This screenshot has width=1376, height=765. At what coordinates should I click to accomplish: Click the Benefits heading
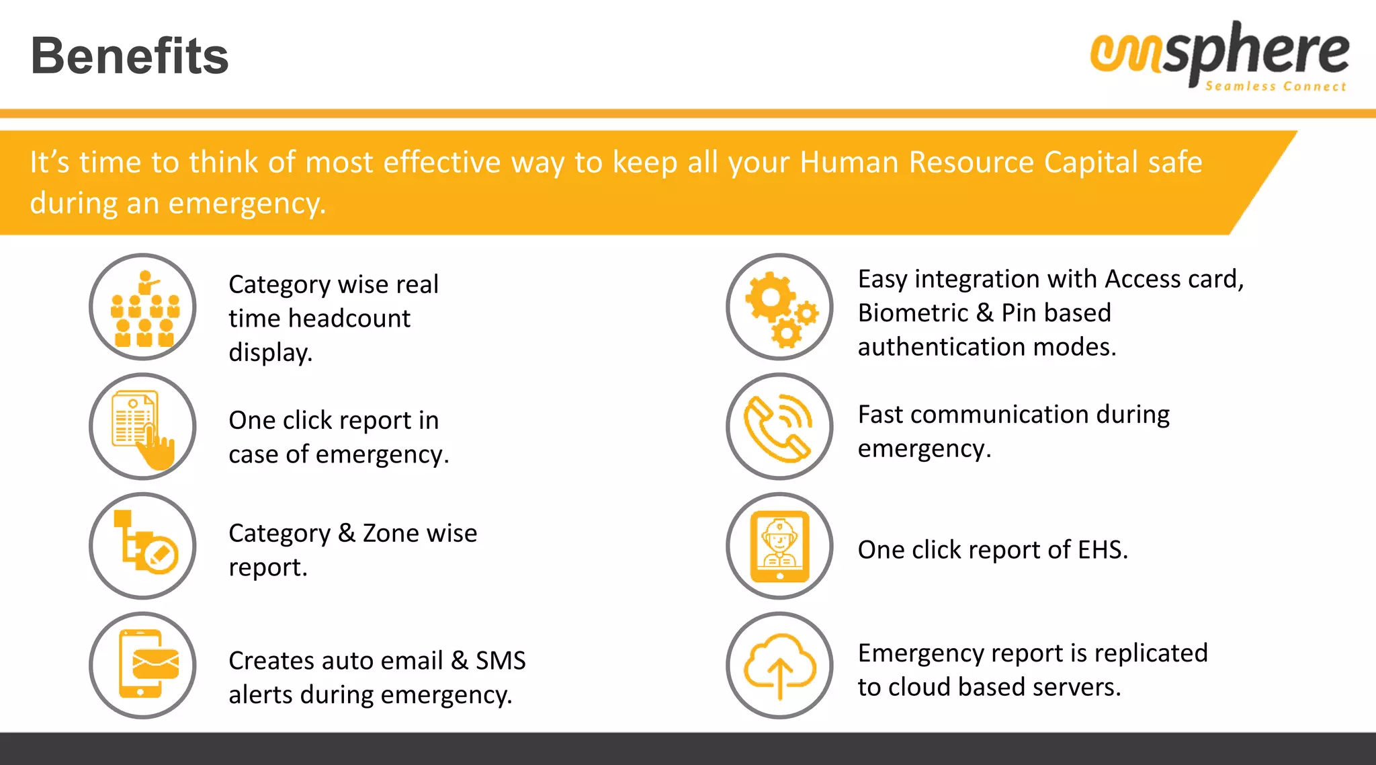(x=130, y=56)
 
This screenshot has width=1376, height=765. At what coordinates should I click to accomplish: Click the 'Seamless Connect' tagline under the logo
(x=1275, y=87)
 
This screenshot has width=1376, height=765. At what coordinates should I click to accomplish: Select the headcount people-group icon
(x=143, y=307)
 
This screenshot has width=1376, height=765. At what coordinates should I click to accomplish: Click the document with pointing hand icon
(x=143, y=427)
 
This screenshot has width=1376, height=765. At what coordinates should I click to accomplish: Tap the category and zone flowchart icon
(x=143, y=546)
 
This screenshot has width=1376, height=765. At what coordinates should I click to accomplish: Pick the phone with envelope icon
(x=143, y=665)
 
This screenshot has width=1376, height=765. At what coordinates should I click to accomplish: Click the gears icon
(x=779, y=307)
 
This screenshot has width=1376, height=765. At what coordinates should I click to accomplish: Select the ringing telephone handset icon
(x=779, y=427)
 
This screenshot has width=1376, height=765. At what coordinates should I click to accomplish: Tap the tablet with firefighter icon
(x=779, y=546)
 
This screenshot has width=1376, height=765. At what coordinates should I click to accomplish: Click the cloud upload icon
(x=779, y=665)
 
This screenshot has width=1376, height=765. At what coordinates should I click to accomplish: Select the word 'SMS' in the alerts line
(x=501, y=661)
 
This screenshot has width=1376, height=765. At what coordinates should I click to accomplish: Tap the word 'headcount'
(x=349, y=319)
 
